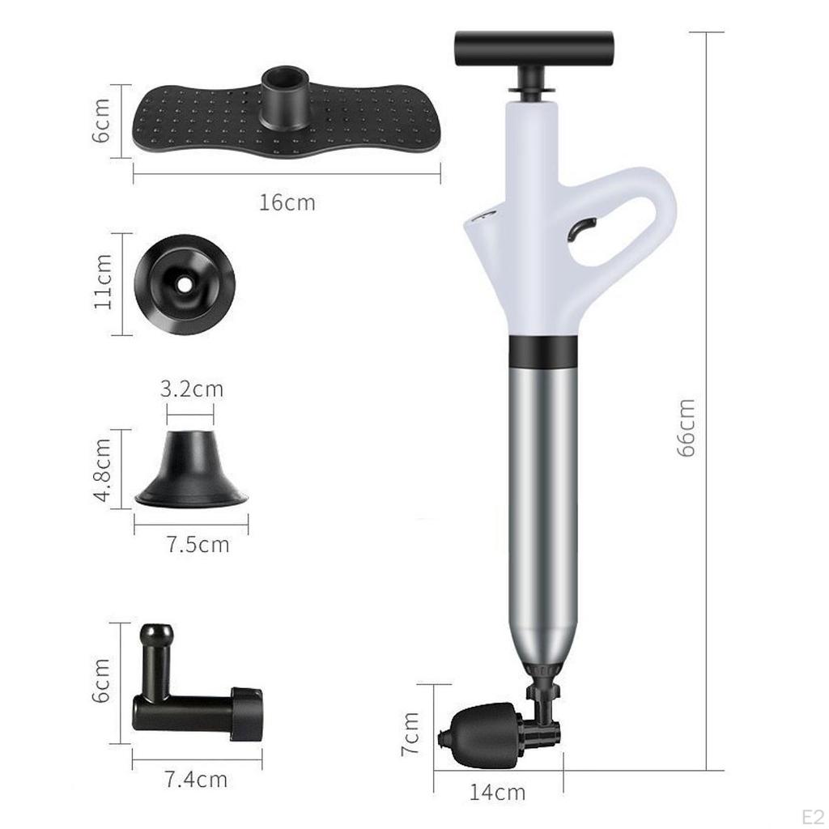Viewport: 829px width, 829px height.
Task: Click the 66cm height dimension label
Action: [686, 427]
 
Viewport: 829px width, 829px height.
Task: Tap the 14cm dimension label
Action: [498, 792]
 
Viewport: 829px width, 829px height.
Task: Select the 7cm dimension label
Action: [410, 733]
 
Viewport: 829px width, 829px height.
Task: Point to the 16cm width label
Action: [287, 202]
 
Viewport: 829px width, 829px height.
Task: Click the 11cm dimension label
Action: [103, 281]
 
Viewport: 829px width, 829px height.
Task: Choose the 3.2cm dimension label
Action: [192, 389]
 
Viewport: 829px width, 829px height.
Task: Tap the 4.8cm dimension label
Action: [102, 470]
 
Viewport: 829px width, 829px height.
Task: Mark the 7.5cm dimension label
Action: [198, 544]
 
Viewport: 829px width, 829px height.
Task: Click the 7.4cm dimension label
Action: [196, 780]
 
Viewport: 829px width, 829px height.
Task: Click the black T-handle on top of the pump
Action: [534, 49]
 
